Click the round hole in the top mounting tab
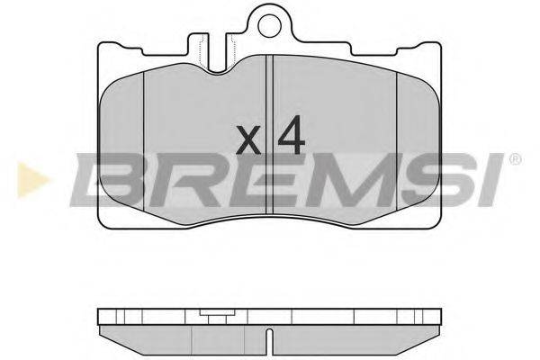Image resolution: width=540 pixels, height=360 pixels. click(x=270, y=26)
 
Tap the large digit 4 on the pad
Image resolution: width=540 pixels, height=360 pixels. click(x=292, y=135)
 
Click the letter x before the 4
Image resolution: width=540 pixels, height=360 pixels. click(x=248, y=139)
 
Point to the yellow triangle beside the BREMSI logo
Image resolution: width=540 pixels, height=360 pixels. click(x=31, y=180)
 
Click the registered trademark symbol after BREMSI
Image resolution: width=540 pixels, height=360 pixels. click(x=515, y=159)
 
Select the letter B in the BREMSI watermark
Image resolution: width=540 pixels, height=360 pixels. click(x=110, y=180)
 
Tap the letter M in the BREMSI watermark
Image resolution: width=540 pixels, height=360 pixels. click(x=328, y=180)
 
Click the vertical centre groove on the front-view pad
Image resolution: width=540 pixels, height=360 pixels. click(x=269, y=134)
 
